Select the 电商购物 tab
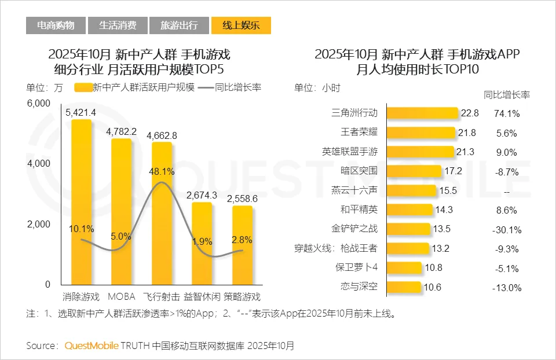coord(56,25)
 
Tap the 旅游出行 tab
coord(179,25)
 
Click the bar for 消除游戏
coord(81,203)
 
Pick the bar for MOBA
coord(121,211)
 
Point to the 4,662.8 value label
coord(162,136)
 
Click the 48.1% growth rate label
coord(162,171)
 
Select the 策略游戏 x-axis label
coord(242,297)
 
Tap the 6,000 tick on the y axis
coord(39,103)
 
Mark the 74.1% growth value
coord(506,113)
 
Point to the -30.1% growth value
coord(506,229)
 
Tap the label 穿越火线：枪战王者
coord(336,249)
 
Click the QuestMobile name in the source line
coord(92,346)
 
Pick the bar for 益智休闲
coord(202,243)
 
